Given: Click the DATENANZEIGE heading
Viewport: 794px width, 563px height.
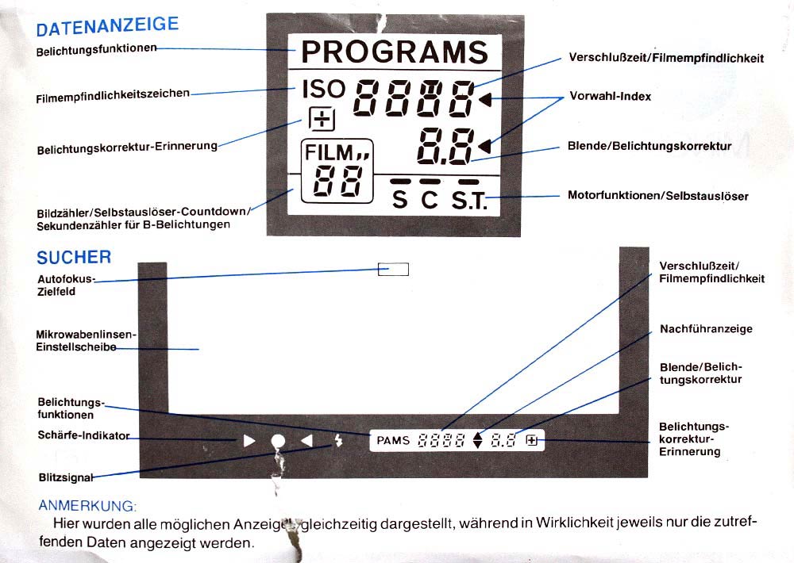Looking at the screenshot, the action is pyautogui.click(x=107, y=26).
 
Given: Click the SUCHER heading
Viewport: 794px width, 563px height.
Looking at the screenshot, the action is pyautogui.click(x=74, y=258).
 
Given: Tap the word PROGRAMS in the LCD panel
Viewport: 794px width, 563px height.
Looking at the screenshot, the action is pyautogui.click(x=395, y=52).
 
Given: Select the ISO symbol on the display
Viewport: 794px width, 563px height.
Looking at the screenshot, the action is pyautogui.click(x=324, y=89).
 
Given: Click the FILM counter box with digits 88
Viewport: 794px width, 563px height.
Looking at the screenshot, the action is pyautogui.click(x=337, y=171).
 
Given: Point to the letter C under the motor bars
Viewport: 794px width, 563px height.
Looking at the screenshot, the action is pyautogui.click(x=430, y=199).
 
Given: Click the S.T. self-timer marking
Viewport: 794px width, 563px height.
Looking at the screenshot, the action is pyautogui.click(x=469, y=200).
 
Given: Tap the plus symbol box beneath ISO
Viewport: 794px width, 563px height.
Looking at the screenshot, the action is pyautogui.click(x=322, y=120).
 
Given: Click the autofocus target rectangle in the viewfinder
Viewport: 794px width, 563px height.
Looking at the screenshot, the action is pyautogui.click(x=394, y=269).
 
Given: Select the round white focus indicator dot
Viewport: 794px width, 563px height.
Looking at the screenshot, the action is pyautogui.click(x=278, y=442).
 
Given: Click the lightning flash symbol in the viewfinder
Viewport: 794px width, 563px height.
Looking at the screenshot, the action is pyautogui.click(x=338, y=441).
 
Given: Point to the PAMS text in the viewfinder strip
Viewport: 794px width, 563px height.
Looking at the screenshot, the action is pyautogui.click(x=393, y=441).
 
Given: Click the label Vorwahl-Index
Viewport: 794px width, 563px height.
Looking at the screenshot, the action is pyautogui.click(x=610, y=96).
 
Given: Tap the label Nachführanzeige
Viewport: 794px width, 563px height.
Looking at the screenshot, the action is pyautogui.click(x=706, y=329).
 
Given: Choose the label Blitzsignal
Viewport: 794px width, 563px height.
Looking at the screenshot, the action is pyautogui.click(x=66, y=477).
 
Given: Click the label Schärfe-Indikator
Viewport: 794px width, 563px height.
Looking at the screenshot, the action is pyautogui.click(x=83, y=435).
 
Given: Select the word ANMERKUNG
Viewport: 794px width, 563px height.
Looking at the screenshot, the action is pyautogui.click(x=87, y=505).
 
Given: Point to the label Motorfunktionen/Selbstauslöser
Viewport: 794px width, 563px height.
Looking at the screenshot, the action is pyautogui.click(x=657, y=196).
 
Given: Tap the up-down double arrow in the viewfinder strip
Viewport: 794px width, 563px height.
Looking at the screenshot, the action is pyautogui.click(x=477, y=441).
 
